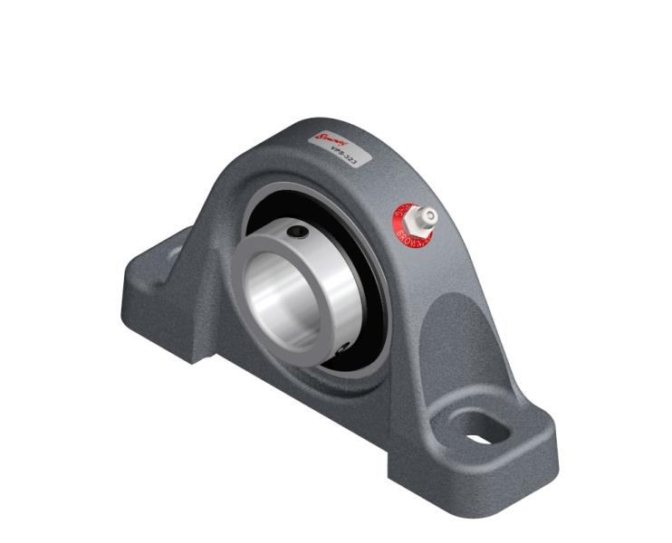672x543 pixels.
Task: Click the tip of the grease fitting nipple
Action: pos(428,215)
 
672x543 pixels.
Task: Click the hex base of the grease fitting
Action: pos(416,221)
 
